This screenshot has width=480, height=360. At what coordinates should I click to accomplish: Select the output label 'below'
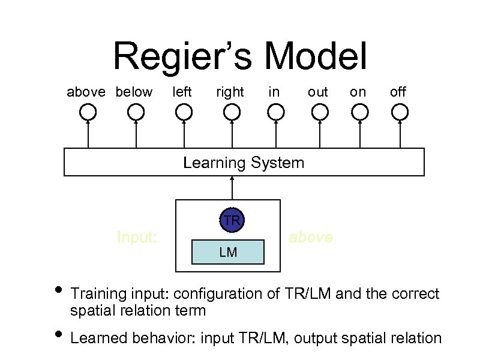[x=134, y=92]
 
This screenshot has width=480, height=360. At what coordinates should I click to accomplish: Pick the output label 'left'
[x=182, y=92]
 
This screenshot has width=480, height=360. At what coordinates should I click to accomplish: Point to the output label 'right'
[x=230, y=92]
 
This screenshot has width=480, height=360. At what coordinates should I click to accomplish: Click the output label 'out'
[x=318, y=92]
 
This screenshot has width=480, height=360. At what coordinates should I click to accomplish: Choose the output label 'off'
[x=398, y=92]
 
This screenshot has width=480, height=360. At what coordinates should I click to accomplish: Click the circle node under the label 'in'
[x=275, y=112]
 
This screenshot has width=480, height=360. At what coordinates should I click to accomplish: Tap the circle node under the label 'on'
[x=359, y=112]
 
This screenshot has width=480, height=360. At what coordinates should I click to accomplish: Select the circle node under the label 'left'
[x=184, y=112]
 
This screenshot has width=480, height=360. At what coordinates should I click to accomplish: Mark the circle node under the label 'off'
[x=399, y=112]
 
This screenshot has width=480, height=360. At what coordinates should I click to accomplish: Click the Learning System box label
[x=244, y=163]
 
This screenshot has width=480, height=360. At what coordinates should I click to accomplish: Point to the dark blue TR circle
[x=232, y=220]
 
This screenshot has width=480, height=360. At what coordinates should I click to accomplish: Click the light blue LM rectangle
[x=227, y=252]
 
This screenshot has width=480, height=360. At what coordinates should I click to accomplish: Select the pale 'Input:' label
[x=137, y=238]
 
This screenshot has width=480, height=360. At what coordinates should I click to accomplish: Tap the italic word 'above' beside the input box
[x=310, y=238]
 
